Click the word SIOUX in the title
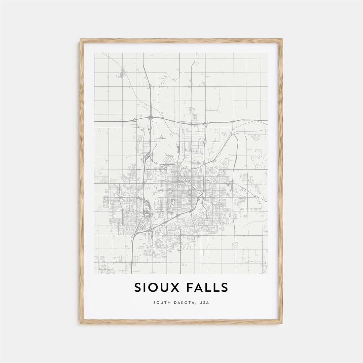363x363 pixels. (x=157, y=288)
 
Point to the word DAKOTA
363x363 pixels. (x=184, y=302)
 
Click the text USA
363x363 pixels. (x=204, y=302)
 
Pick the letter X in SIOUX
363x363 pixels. (x=175, y=288)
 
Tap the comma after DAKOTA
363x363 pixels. (x=197, y=304)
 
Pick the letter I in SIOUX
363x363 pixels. (x=145, y=288)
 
